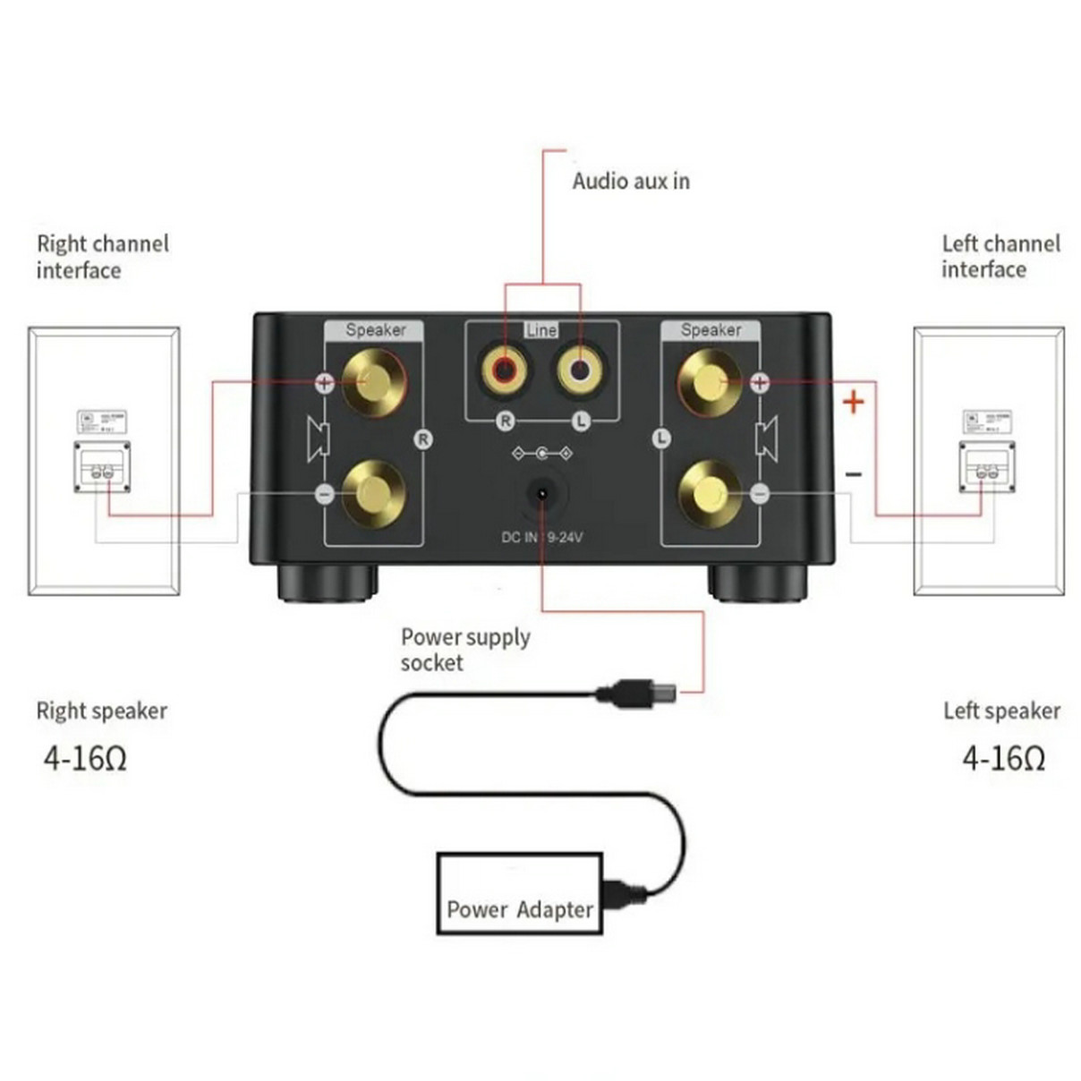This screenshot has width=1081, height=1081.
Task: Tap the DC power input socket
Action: point(541,493)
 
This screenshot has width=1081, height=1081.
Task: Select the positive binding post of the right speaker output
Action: point(373,382)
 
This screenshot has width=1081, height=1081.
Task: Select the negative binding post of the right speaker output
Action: point(373,493)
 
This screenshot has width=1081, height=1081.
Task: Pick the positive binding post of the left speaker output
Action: point(710,382)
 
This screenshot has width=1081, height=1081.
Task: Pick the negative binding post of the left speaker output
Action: point(710,493)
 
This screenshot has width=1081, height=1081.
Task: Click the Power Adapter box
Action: point(519,894)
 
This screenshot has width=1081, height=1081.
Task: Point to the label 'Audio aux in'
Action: point(631,181)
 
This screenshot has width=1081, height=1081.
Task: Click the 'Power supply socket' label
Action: point(464,650)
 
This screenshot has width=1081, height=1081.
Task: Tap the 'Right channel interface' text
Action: point(102,257)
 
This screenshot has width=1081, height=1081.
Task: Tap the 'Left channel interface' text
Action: point(1000,257)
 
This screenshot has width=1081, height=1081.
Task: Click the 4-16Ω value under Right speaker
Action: point(86,759)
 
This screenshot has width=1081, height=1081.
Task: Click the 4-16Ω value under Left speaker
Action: point(1003,759)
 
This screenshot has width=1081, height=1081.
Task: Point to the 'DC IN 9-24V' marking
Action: point(541,537)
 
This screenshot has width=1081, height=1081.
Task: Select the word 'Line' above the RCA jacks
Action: point(541,330)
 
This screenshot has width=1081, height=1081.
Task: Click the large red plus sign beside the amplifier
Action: point(853,402)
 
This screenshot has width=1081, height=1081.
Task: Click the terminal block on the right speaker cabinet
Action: point(102,466)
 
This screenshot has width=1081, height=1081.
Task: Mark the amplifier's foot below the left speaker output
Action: point(757,583)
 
